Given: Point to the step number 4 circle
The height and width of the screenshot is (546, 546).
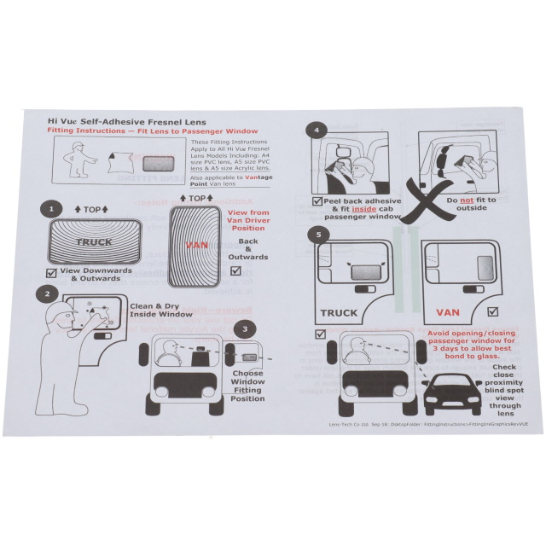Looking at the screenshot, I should click(317, 131).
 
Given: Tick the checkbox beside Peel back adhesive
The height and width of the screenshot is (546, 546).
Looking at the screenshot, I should click(317, 203).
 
